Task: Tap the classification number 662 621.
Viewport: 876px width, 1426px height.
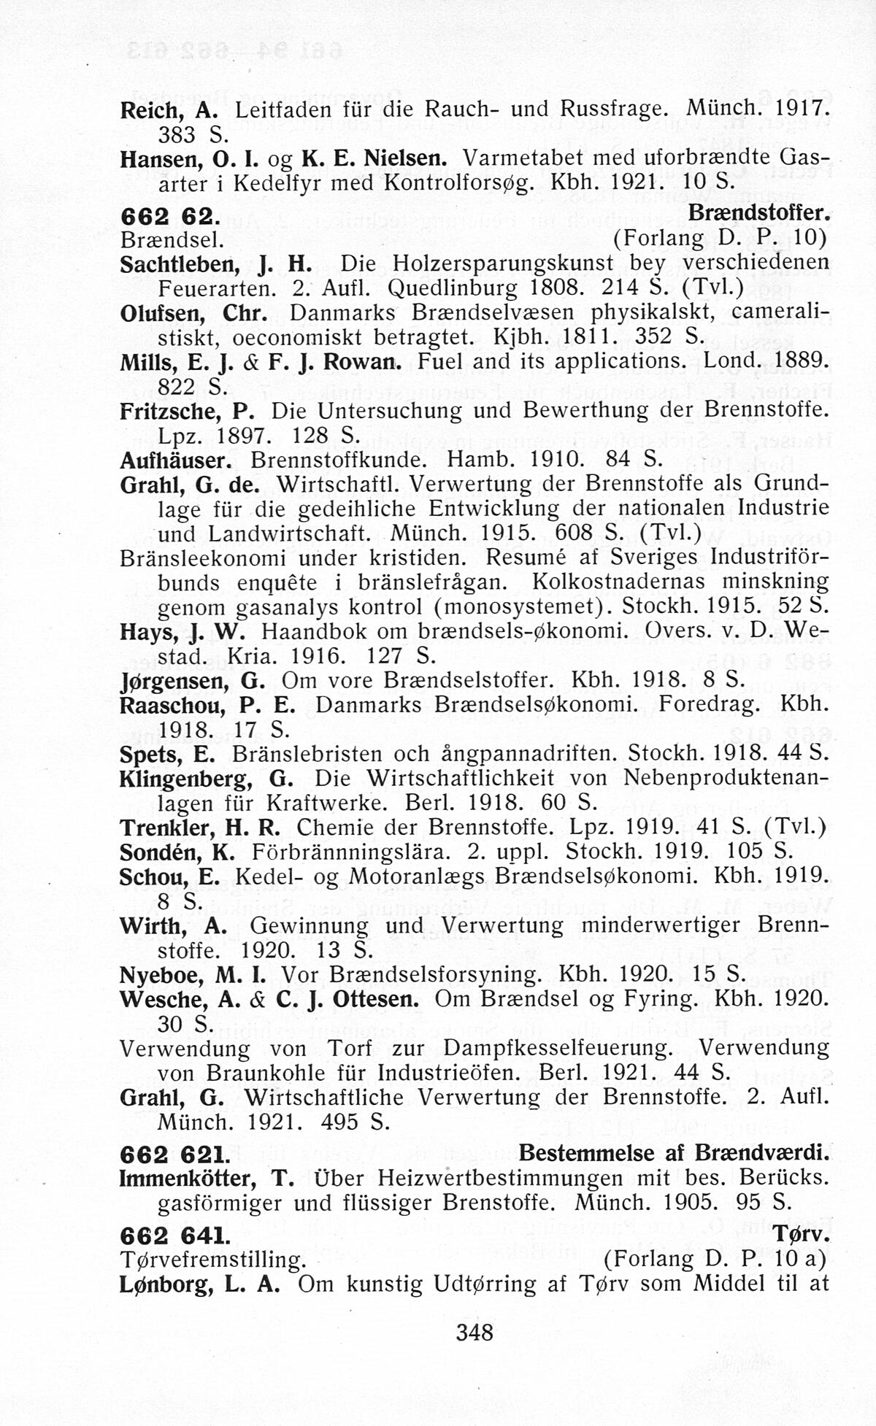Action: [172, 1154]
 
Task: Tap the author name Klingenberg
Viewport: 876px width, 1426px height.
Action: [185, 779]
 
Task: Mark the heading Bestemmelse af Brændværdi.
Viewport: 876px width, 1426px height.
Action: [675, 1154]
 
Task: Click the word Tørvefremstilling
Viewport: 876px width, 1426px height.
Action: [212, 1259]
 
